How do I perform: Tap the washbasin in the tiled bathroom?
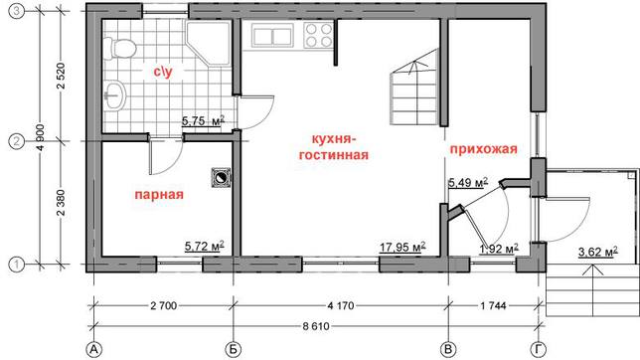tap(115, 95)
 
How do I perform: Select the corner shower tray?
tap(208, 43)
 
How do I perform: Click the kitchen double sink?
tap(272, 36)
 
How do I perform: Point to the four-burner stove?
tap(318, 36)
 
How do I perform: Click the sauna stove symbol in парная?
tap(221, 178)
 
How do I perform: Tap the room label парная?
tap(159, 195)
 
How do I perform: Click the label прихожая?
tap(484, 149)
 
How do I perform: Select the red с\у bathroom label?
tap(163, 72)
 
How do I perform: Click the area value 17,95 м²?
tap(402, 248)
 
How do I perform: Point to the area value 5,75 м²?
tap(203, 121)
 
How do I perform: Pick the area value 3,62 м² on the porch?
tap(597, 252)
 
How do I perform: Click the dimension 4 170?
tap(341, 305)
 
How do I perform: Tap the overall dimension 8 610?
tap(316, 326)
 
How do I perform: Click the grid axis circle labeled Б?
tap(234, 350)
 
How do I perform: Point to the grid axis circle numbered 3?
tap(16, 12)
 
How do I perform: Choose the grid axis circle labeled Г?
tap(539, 350)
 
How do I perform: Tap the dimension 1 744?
tap(494, 305)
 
